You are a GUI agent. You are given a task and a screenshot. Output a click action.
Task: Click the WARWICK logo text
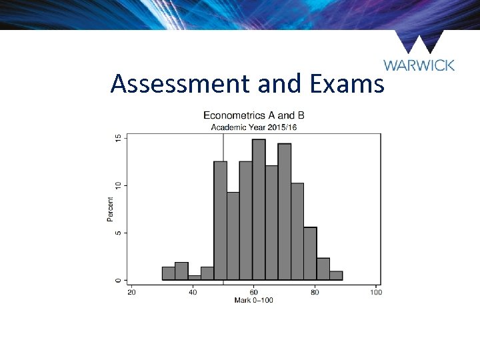[419, 65]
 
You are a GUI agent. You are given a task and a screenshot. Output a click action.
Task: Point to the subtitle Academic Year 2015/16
[253, 127]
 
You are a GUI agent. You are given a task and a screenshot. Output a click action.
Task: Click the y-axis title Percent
[111, 209]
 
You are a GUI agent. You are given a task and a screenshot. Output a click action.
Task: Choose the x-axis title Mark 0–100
[253, 301]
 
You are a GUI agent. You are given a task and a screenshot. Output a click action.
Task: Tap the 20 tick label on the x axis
[132, 291]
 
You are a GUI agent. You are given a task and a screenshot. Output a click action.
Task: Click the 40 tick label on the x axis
[193, 291]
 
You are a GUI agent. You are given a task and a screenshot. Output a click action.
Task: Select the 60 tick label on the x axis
[254, 291]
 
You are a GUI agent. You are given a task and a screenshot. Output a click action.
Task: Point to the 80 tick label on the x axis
[315, 291]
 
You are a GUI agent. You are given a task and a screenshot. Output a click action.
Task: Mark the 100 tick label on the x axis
[375, 291]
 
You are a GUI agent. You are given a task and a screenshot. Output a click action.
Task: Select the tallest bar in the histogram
[259, 210]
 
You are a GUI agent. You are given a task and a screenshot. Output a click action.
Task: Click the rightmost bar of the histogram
[336, 276]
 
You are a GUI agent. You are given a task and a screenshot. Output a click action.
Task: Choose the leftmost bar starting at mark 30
[168, 274]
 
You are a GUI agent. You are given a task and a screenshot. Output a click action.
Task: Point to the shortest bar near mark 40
[194, 278]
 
